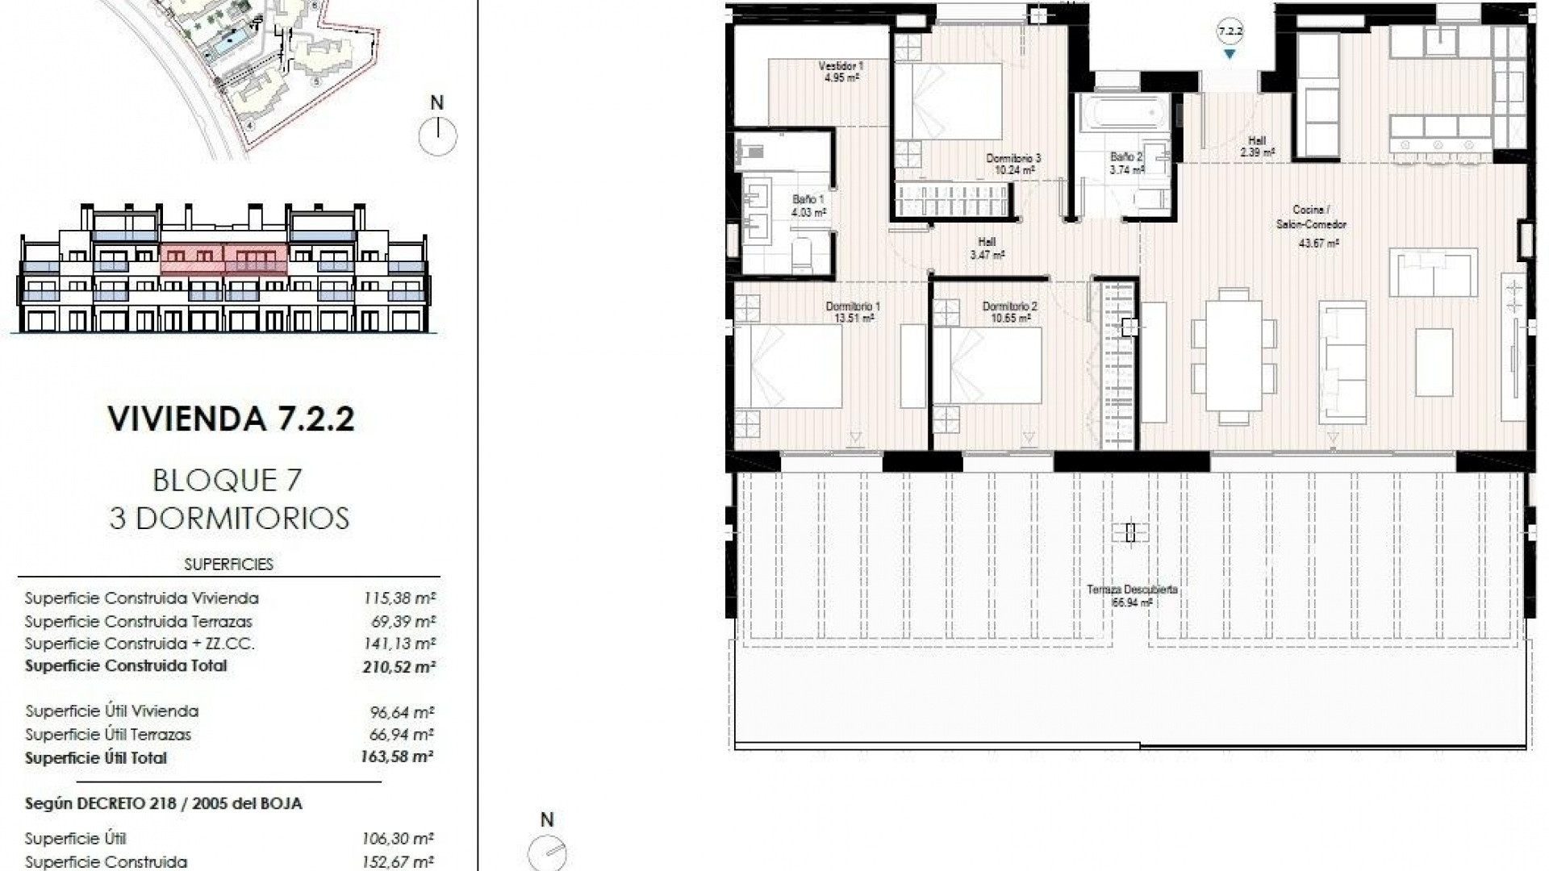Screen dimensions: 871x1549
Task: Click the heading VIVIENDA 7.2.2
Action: (231, 419)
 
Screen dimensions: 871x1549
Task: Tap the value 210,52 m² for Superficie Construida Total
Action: (399, 667)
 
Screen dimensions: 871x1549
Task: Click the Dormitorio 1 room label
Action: (853, 312)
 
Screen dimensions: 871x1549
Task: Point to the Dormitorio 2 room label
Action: (1009, 312)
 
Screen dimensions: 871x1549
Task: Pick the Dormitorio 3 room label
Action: (1013, 164)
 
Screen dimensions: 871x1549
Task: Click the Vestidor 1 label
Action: (841, 72)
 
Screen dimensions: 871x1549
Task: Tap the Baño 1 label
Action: (808, 206)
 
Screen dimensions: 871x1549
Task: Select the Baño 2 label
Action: (1126, 163)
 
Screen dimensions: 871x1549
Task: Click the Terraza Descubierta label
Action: (1131, 595)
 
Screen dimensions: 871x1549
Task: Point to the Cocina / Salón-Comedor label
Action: (1311, 225)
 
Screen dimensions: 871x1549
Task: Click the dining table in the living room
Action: (1234, 355)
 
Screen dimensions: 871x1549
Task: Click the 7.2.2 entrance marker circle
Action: (1230, 32)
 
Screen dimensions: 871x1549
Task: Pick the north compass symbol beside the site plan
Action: (437, 135)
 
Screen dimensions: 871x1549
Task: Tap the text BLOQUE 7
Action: (228, 481)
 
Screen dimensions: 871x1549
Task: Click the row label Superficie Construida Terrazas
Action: (138, 622)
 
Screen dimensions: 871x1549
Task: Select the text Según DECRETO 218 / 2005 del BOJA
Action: (164, 804)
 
